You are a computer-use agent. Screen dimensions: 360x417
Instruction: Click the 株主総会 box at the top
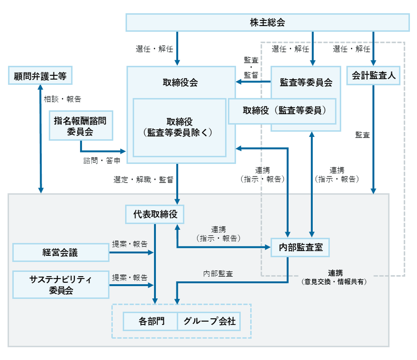click(x=267, y=22)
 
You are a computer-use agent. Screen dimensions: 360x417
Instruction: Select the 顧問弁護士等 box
click(x=40, y=75)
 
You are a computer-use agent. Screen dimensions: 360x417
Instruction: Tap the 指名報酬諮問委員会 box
click(x=80, y=126)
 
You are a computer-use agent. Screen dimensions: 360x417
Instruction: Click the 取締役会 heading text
click(x=180, y=82)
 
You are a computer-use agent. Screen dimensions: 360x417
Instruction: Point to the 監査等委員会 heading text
click(x=306, y=82)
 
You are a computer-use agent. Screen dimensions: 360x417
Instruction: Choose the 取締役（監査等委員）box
click(x=282, y=111)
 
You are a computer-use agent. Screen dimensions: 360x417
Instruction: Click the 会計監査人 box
click(x=374, y=75)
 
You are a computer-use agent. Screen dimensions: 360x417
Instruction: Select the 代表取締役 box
click(x=154, y=214)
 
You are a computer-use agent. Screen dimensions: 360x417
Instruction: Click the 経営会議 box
click(x=60, y=252)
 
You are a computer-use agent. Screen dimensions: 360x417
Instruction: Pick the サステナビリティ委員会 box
click(x=60, y=284)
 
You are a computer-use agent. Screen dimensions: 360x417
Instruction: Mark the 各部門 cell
click(x=150, y=321)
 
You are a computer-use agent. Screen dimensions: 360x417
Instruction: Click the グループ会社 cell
click(x=209, y=321)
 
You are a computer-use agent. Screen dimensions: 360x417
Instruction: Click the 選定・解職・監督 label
click(x=143, y=180)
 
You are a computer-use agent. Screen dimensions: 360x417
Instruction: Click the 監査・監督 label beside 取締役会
click(x=251, y=67)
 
